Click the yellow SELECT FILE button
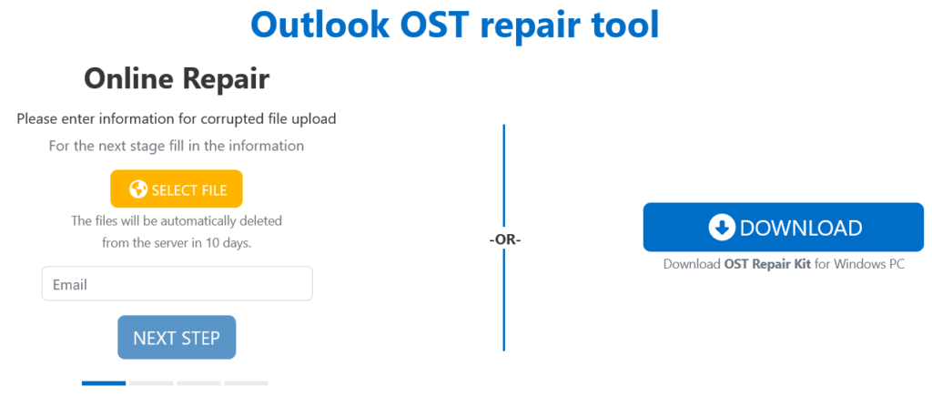point(177,189)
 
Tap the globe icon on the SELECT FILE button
point(138,189)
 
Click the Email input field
point(177,284)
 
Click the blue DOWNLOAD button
point(783,228)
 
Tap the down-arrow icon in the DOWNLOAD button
point(721,228)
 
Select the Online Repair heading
point(177,79)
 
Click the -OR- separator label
point(504,239)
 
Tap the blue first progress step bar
point(104,383)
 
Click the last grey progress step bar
point(246,383)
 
